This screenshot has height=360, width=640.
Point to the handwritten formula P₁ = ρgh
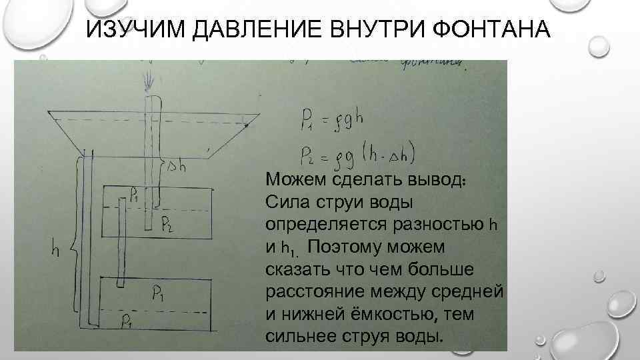333,123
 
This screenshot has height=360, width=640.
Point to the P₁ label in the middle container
135,195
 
